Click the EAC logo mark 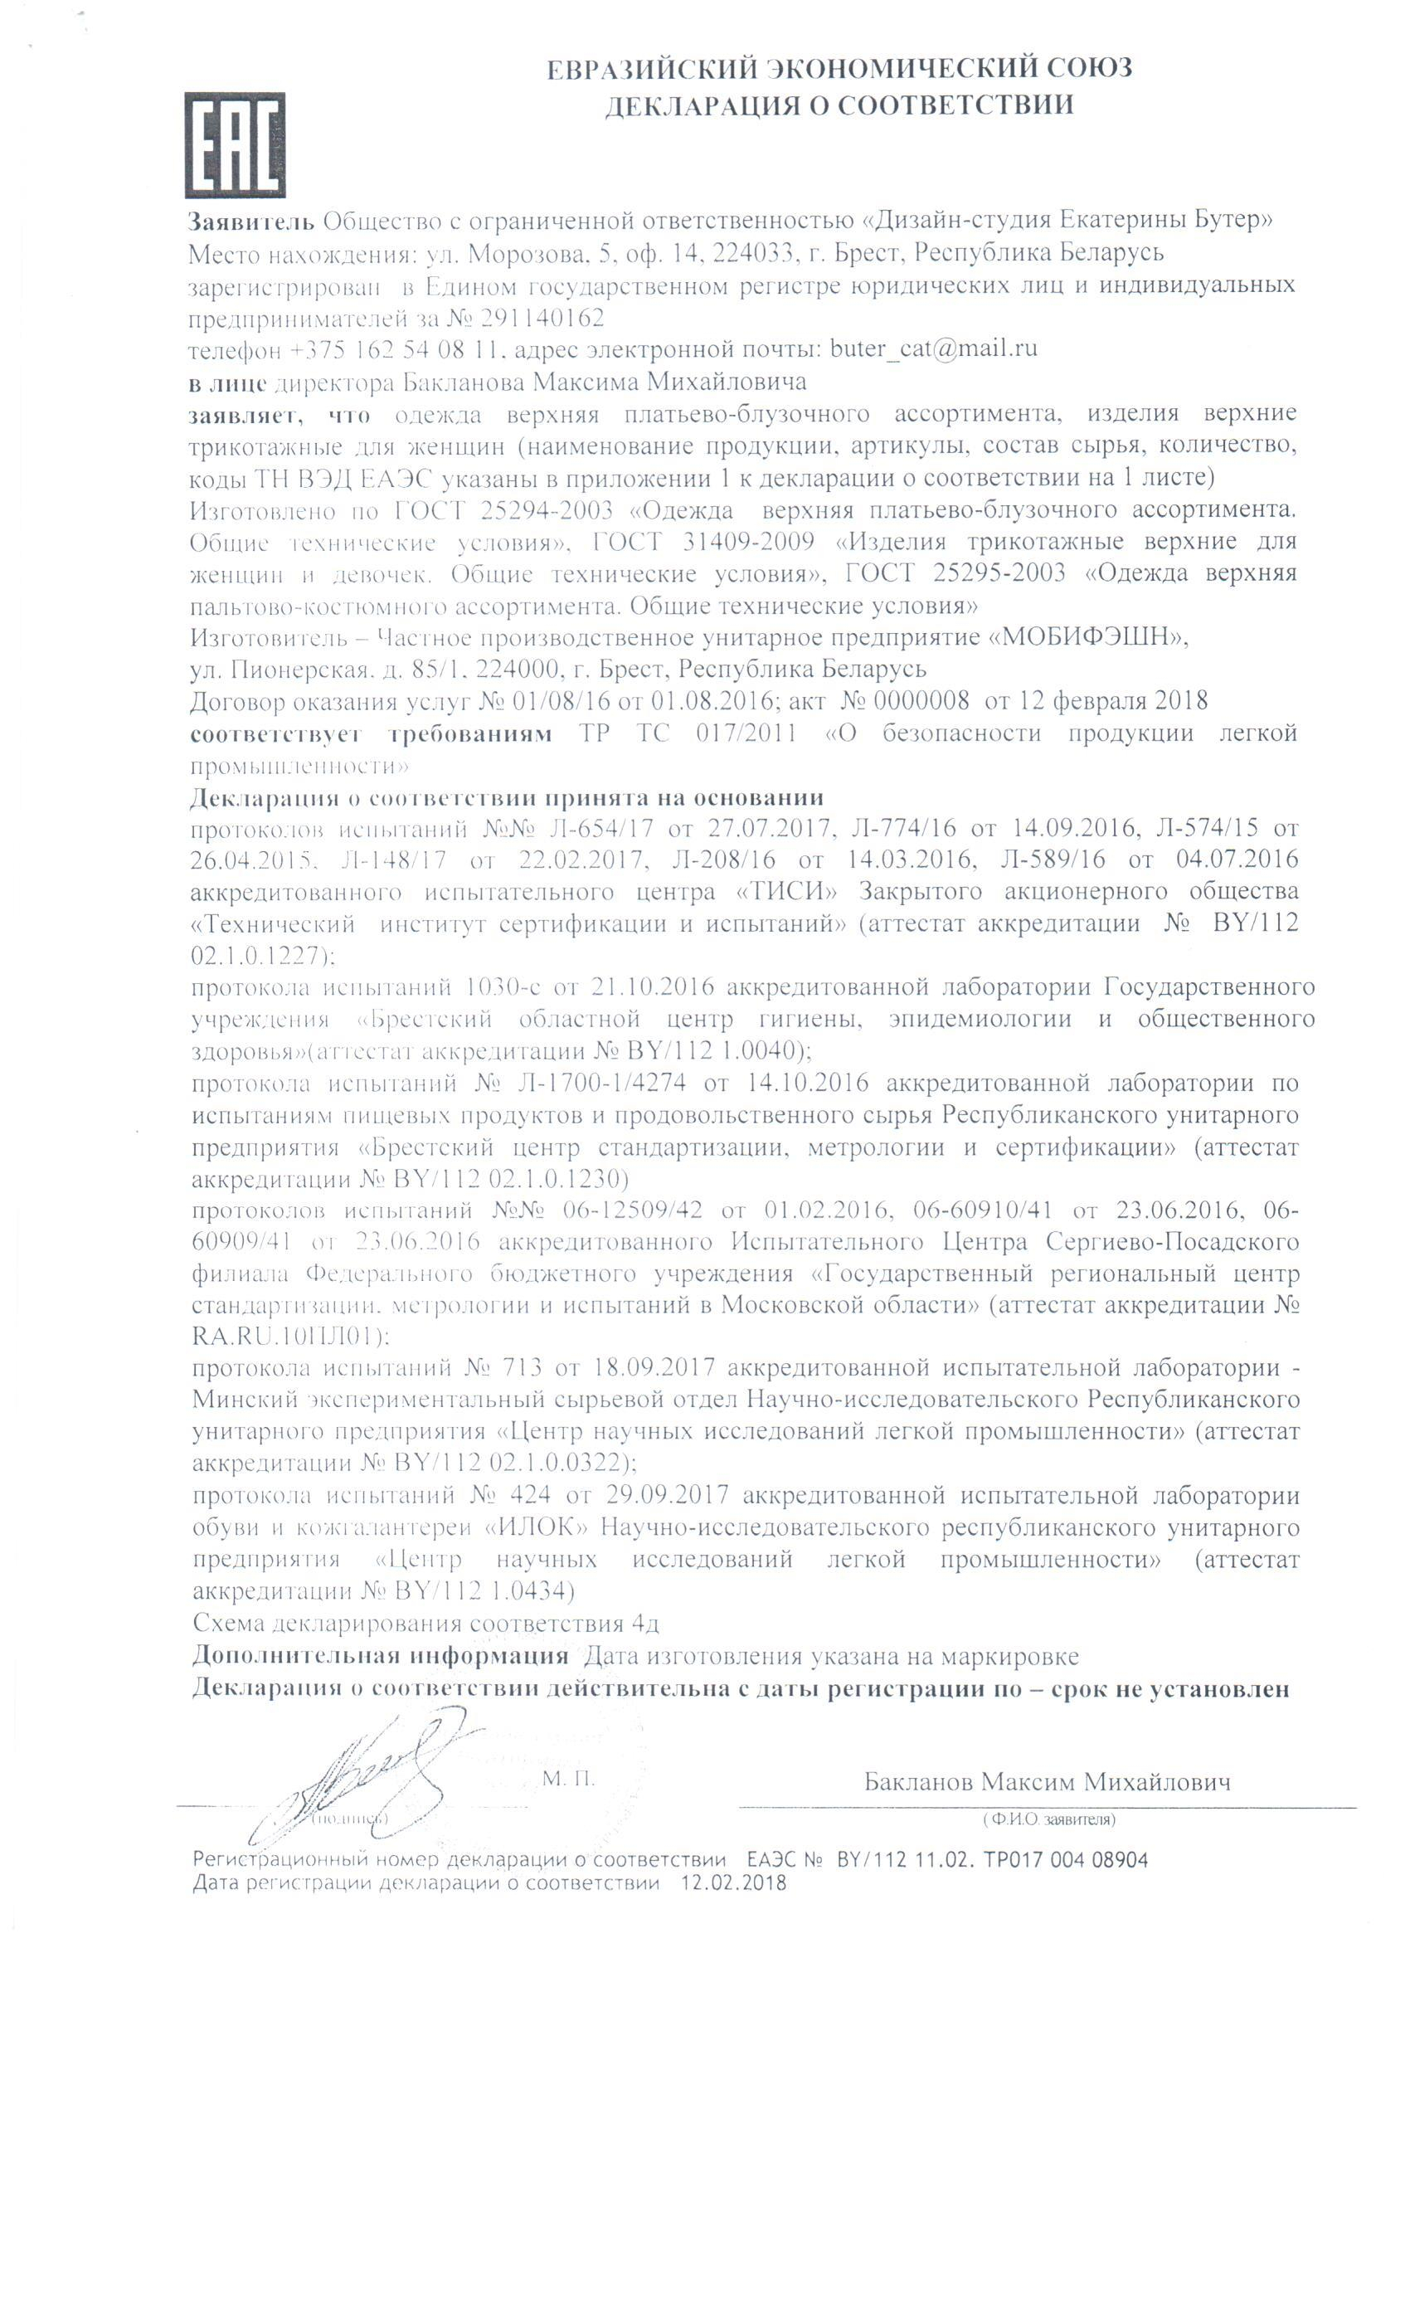235,144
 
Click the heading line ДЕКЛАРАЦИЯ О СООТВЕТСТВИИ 838,105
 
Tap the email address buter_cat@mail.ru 933,348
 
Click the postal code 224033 751,254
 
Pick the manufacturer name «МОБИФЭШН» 1087,637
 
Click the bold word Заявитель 250,222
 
